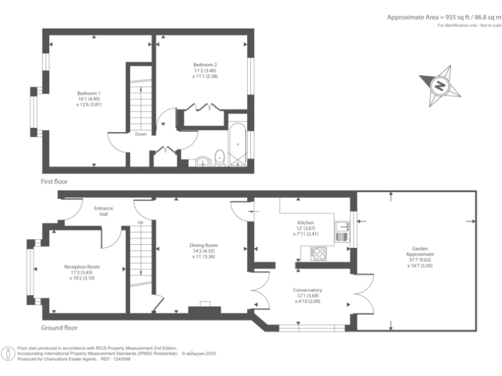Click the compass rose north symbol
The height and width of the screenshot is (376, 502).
pyautogui.click(x=441, y=85)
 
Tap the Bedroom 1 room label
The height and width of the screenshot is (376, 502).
pyautogui.click(x=89, y=99)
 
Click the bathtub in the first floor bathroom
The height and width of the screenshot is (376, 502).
pyautogui.click(x=238, y=140)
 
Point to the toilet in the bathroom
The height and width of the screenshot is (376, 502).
pyautogui.click(x=220, y=157)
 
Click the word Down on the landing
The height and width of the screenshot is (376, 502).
pyautogui.click(x=141, y=134)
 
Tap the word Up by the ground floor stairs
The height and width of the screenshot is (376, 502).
pyautogui.click(x=140, y=223)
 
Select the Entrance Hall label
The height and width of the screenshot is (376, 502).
pyautogui.click(x=103, y=211)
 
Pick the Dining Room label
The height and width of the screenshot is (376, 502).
pyautogui.click(x=201, y=251)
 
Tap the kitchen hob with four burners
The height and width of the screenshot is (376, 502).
pyautogui.click(x=318, y=253)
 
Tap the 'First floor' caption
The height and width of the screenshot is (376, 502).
pyautogui.click(x=54, y=181)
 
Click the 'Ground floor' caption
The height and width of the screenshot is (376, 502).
pyautogui.click(x=59, y=328)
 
